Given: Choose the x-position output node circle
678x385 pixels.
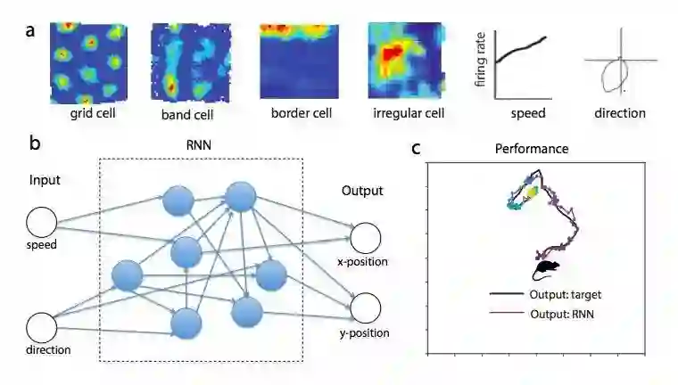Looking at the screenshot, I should tap(365, 238).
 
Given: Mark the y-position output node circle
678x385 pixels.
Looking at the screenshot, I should tap(365, 308).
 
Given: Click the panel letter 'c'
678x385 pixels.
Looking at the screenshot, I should tap(416, 147).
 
